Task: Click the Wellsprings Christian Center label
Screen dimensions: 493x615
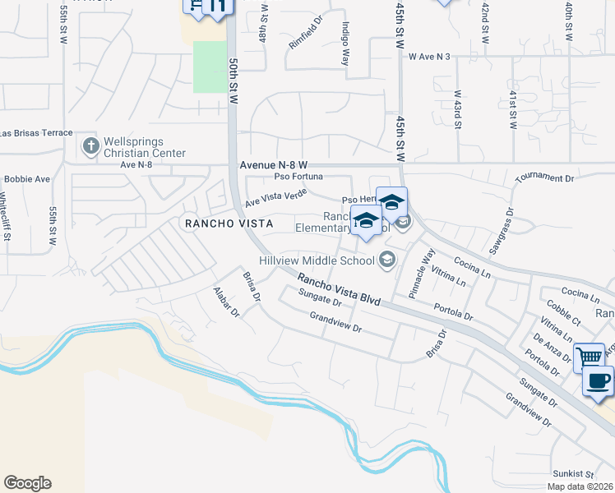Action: coord(145,147)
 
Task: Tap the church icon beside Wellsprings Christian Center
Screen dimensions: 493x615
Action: coord(90,146)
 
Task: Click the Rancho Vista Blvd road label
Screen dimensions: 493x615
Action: coord(339,290)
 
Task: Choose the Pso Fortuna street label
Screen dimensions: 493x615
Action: coord(298,176)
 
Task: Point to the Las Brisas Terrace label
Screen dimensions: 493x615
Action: coord(36,133)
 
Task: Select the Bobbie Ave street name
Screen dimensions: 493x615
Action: coord(27,178)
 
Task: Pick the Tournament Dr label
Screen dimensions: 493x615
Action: coord(543,178)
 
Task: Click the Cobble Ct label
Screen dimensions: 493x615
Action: coord(563,313)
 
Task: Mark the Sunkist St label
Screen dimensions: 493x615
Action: coord(573,474)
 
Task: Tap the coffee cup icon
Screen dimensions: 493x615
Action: coord(599,382)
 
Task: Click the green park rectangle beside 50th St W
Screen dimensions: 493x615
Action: coord(210,67)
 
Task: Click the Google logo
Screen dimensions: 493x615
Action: coord(27,483)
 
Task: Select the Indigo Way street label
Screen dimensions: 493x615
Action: coord(345,44)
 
